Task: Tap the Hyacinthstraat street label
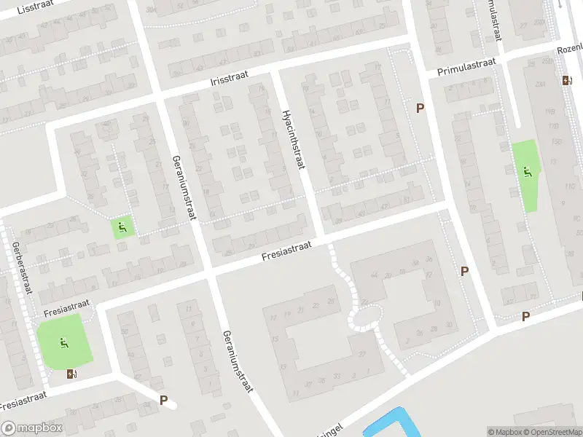[x=291, y=141]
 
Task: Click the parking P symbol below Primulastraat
[x=420, y=108]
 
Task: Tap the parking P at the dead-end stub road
[x=163, y=400]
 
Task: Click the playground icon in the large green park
[x=65, y=342]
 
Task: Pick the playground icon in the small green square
[x=121, y=227]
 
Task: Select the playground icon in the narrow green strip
[x=528, y=172]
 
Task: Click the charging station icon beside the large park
[x=71, y=374]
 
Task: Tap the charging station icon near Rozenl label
[x=566, y=80]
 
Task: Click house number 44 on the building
[x=375, y=275]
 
